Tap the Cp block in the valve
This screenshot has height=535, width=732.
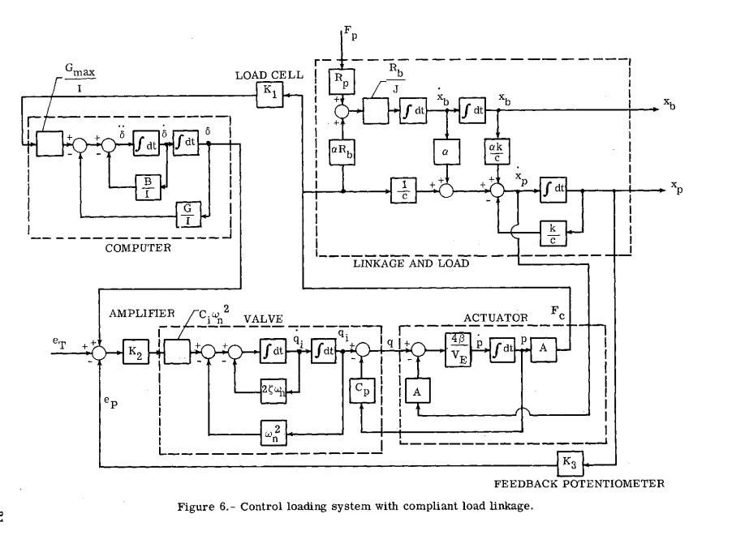pyautogui.click(x=361, y=388)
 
